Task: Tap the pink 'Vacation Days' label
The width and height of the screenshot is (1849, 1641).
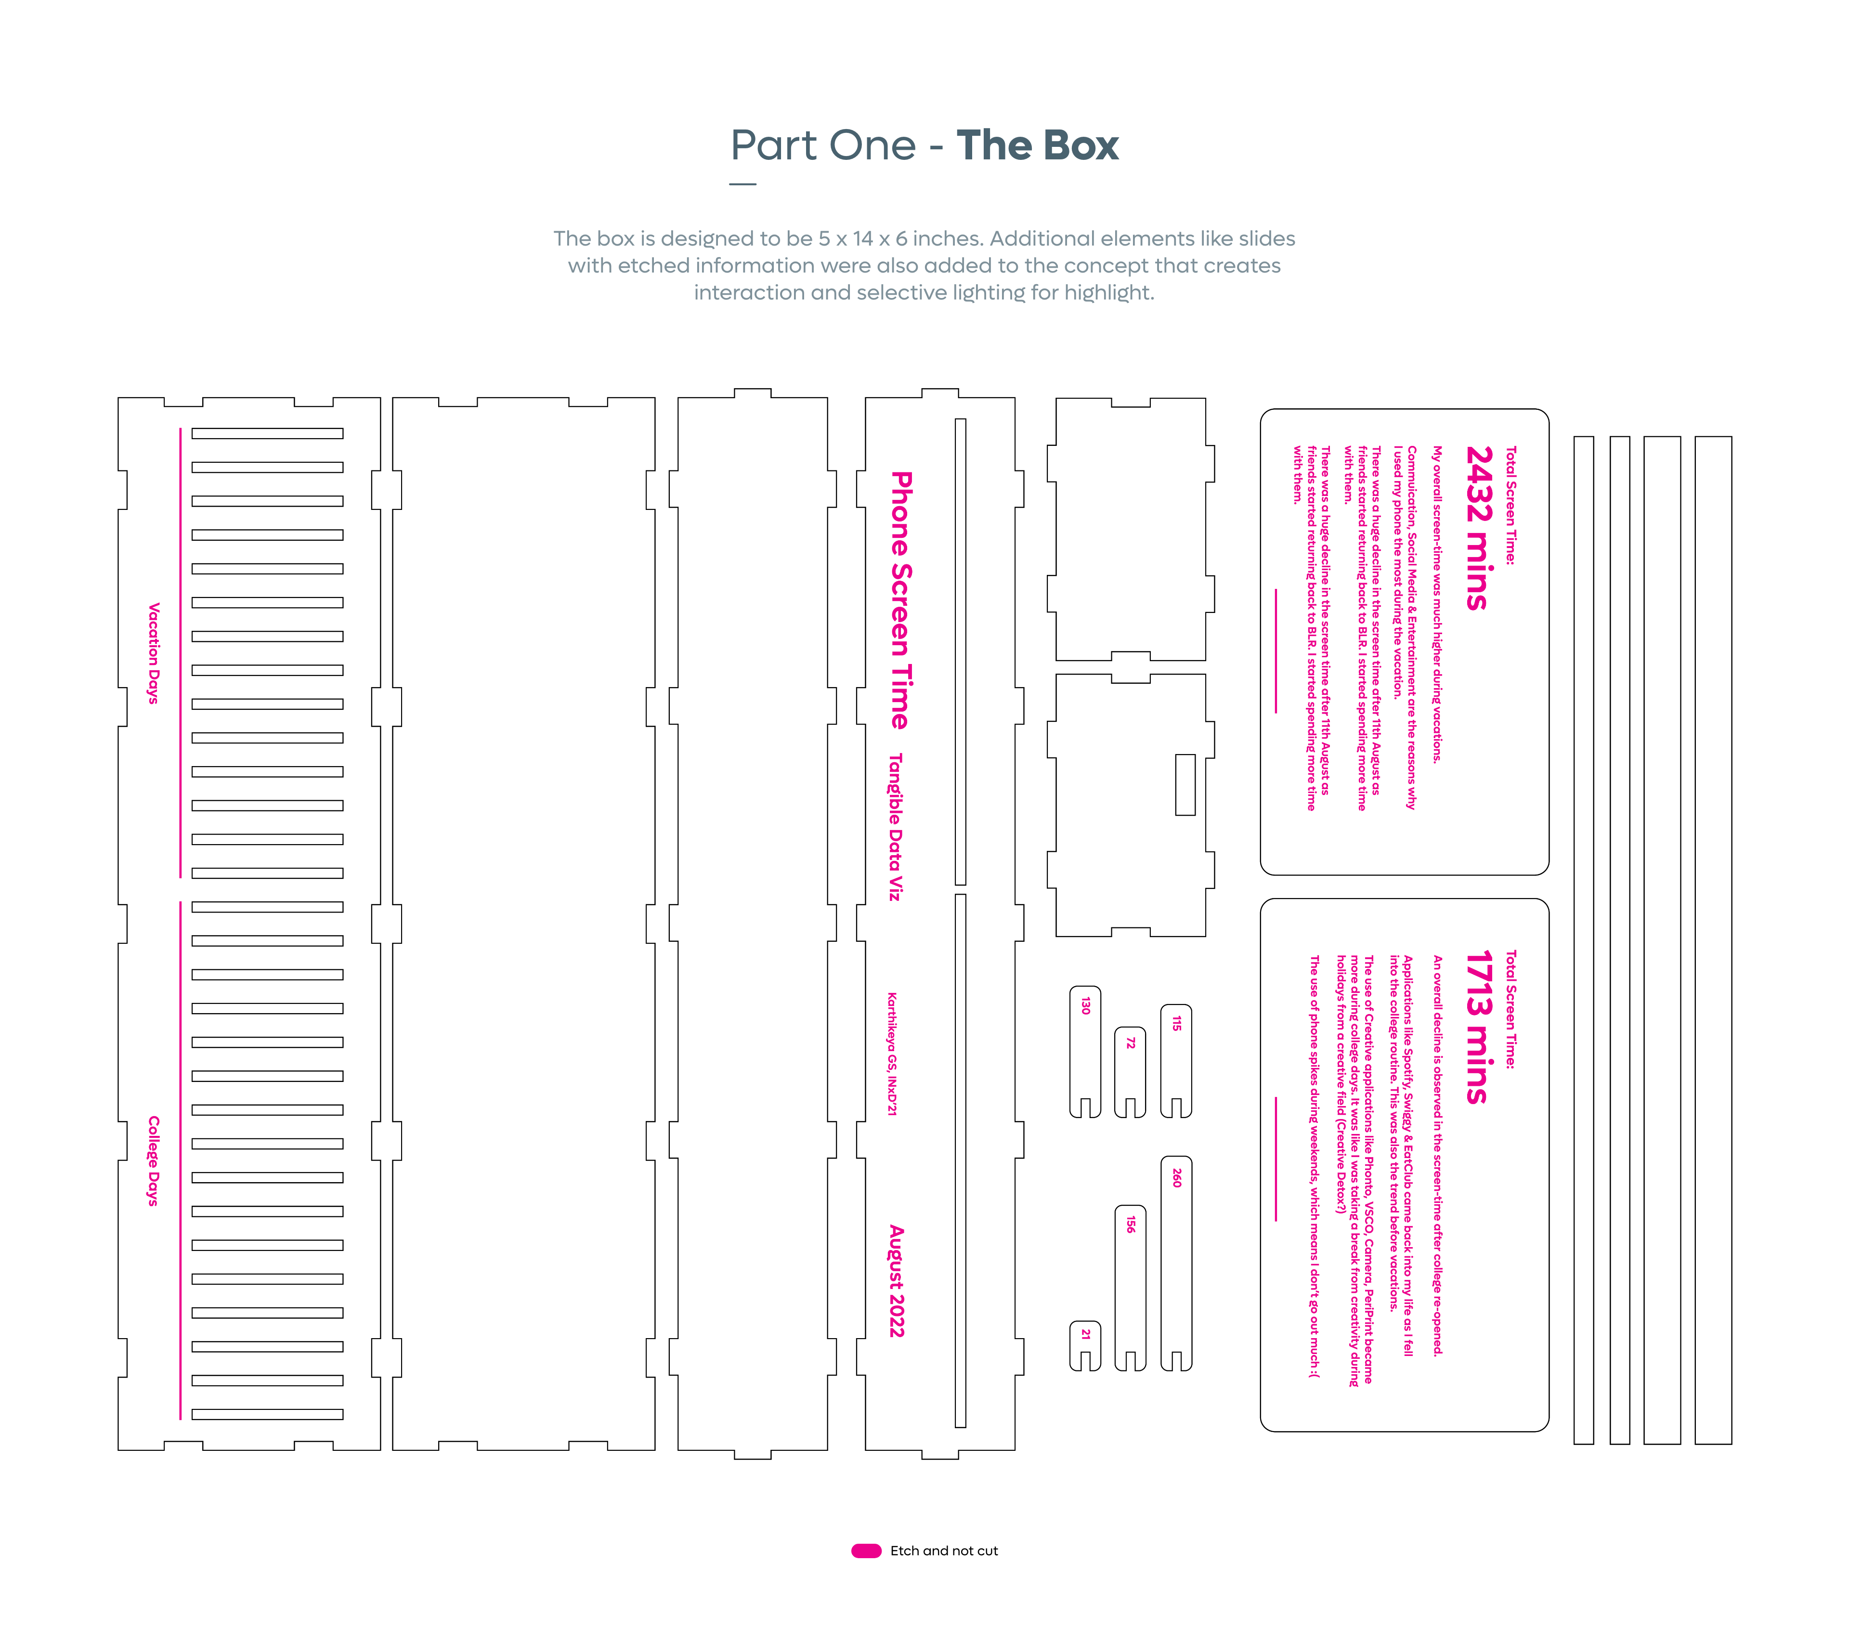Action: tap(154, 653)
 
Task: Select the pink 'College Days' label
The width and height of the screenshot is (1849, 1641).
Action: tap(154, 1160)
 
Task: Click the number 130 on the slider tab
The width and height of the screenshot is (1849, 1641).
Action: tap(1085, 1006)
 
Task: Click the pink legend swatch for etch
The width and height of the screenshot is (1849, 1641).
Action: tap(866, 1550)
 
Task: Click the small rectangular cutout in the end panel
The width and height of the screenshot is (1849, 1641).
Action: tap(1185, 784)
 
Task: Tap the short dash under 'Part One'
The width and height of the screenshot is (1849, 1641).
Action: tap(742, 183)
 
